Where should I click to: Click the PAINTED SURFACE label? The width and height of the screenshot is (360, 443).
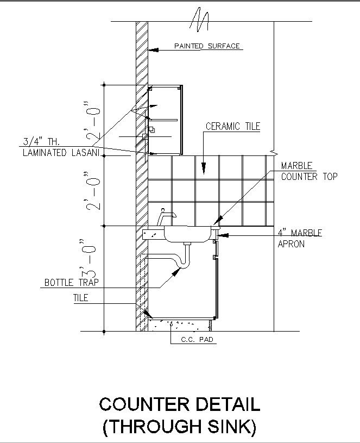(207, 46)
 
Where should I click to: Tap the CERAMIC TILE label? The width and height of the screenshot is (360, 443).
(233, 127)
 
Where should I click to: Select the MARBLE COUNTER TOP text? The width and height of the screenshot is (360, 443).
(309, 171)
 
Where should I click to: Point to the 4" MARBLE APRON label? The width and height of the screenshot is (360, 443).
(300, 238)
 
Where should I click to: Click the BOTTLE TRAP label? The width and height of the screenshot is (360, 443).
(68, 283)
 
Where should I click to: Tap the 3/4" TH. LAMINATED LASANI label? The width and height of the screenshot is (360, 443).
(60, 148)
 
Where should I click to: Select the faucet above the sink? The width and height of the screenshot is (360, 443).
(165, 216)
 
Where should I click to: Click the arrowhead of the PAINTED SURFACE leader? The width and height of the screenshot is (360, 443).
(153, 49)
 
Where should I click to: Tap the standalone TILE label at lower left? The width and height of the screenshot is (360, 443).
(81, 298)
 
